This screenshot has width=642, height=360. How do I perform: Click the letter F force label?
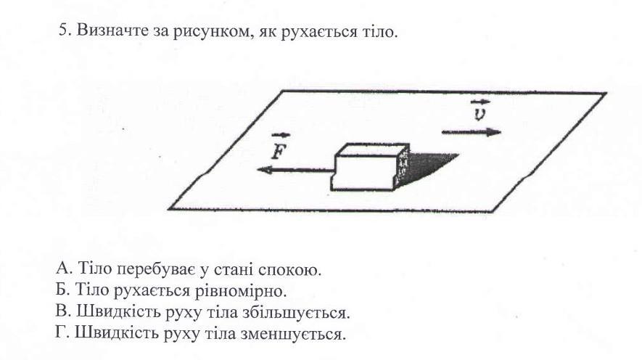pyautogui.click(x=276, y=150)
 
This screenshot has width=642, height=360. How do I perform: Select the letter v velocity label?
pyautogui.click(x=477, y=114)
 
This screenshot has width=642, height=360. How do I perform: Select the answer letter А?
pyautogui.click(x=60, y=271)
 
